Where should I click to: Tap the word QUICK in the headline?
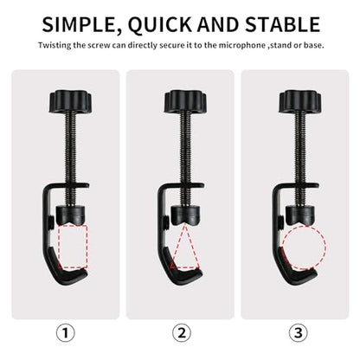tap(159, 24)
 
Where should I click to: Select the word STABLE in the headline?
tap(283, 24)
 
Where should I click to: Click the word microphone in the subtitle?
tap(241, 46)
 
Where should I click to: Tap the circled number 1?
tap(66, 332)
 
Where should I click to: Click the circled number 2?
tap(182, 332)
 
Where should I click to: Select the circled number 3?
tap(299, 332)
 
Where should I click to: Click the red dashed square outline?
tap(73, 225)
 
